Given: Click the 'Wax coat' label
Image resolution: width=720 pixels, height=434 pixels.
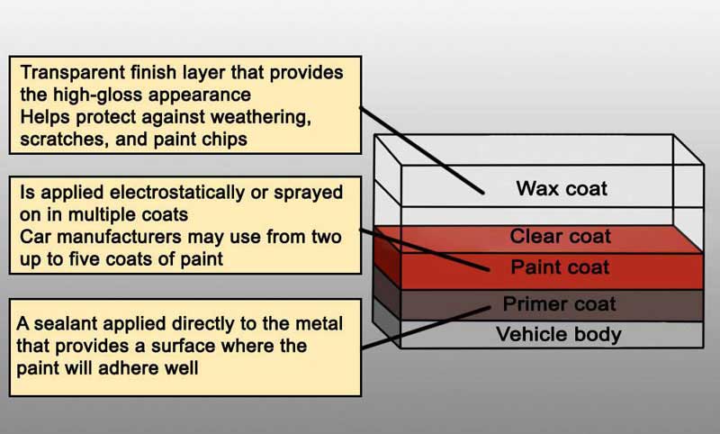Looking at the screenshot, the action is [562, 188].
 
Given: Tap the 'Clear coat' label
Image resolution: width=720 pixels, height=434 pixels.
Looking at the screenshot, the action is [560, 236].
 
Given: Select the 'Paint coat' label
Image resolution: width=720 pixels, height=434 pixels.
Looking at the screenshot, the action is [560, 267].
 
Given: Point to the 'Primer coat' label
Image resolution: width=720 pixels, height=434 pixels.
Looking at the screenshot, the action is [559, 303].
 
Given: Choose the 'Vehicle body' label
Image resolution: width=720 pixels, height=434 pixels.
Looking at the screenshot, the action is [559, 334].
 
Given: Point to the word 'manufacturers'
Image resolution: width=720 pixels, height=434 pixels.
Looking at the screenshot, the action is [120, 237].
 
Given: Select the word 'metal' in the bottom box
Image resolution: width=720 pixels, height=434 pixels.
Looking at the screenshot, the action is [319, 324].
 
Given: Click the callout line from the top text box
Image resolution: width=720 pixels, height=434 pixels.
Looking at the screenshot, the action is [421, 150].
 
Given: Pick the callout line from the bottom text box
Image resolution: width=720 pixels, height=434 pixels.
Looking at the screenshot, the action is [426, 328].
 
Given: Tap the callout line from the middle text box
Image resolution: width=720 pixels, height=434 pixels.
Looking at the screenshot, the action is [424, 249].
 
